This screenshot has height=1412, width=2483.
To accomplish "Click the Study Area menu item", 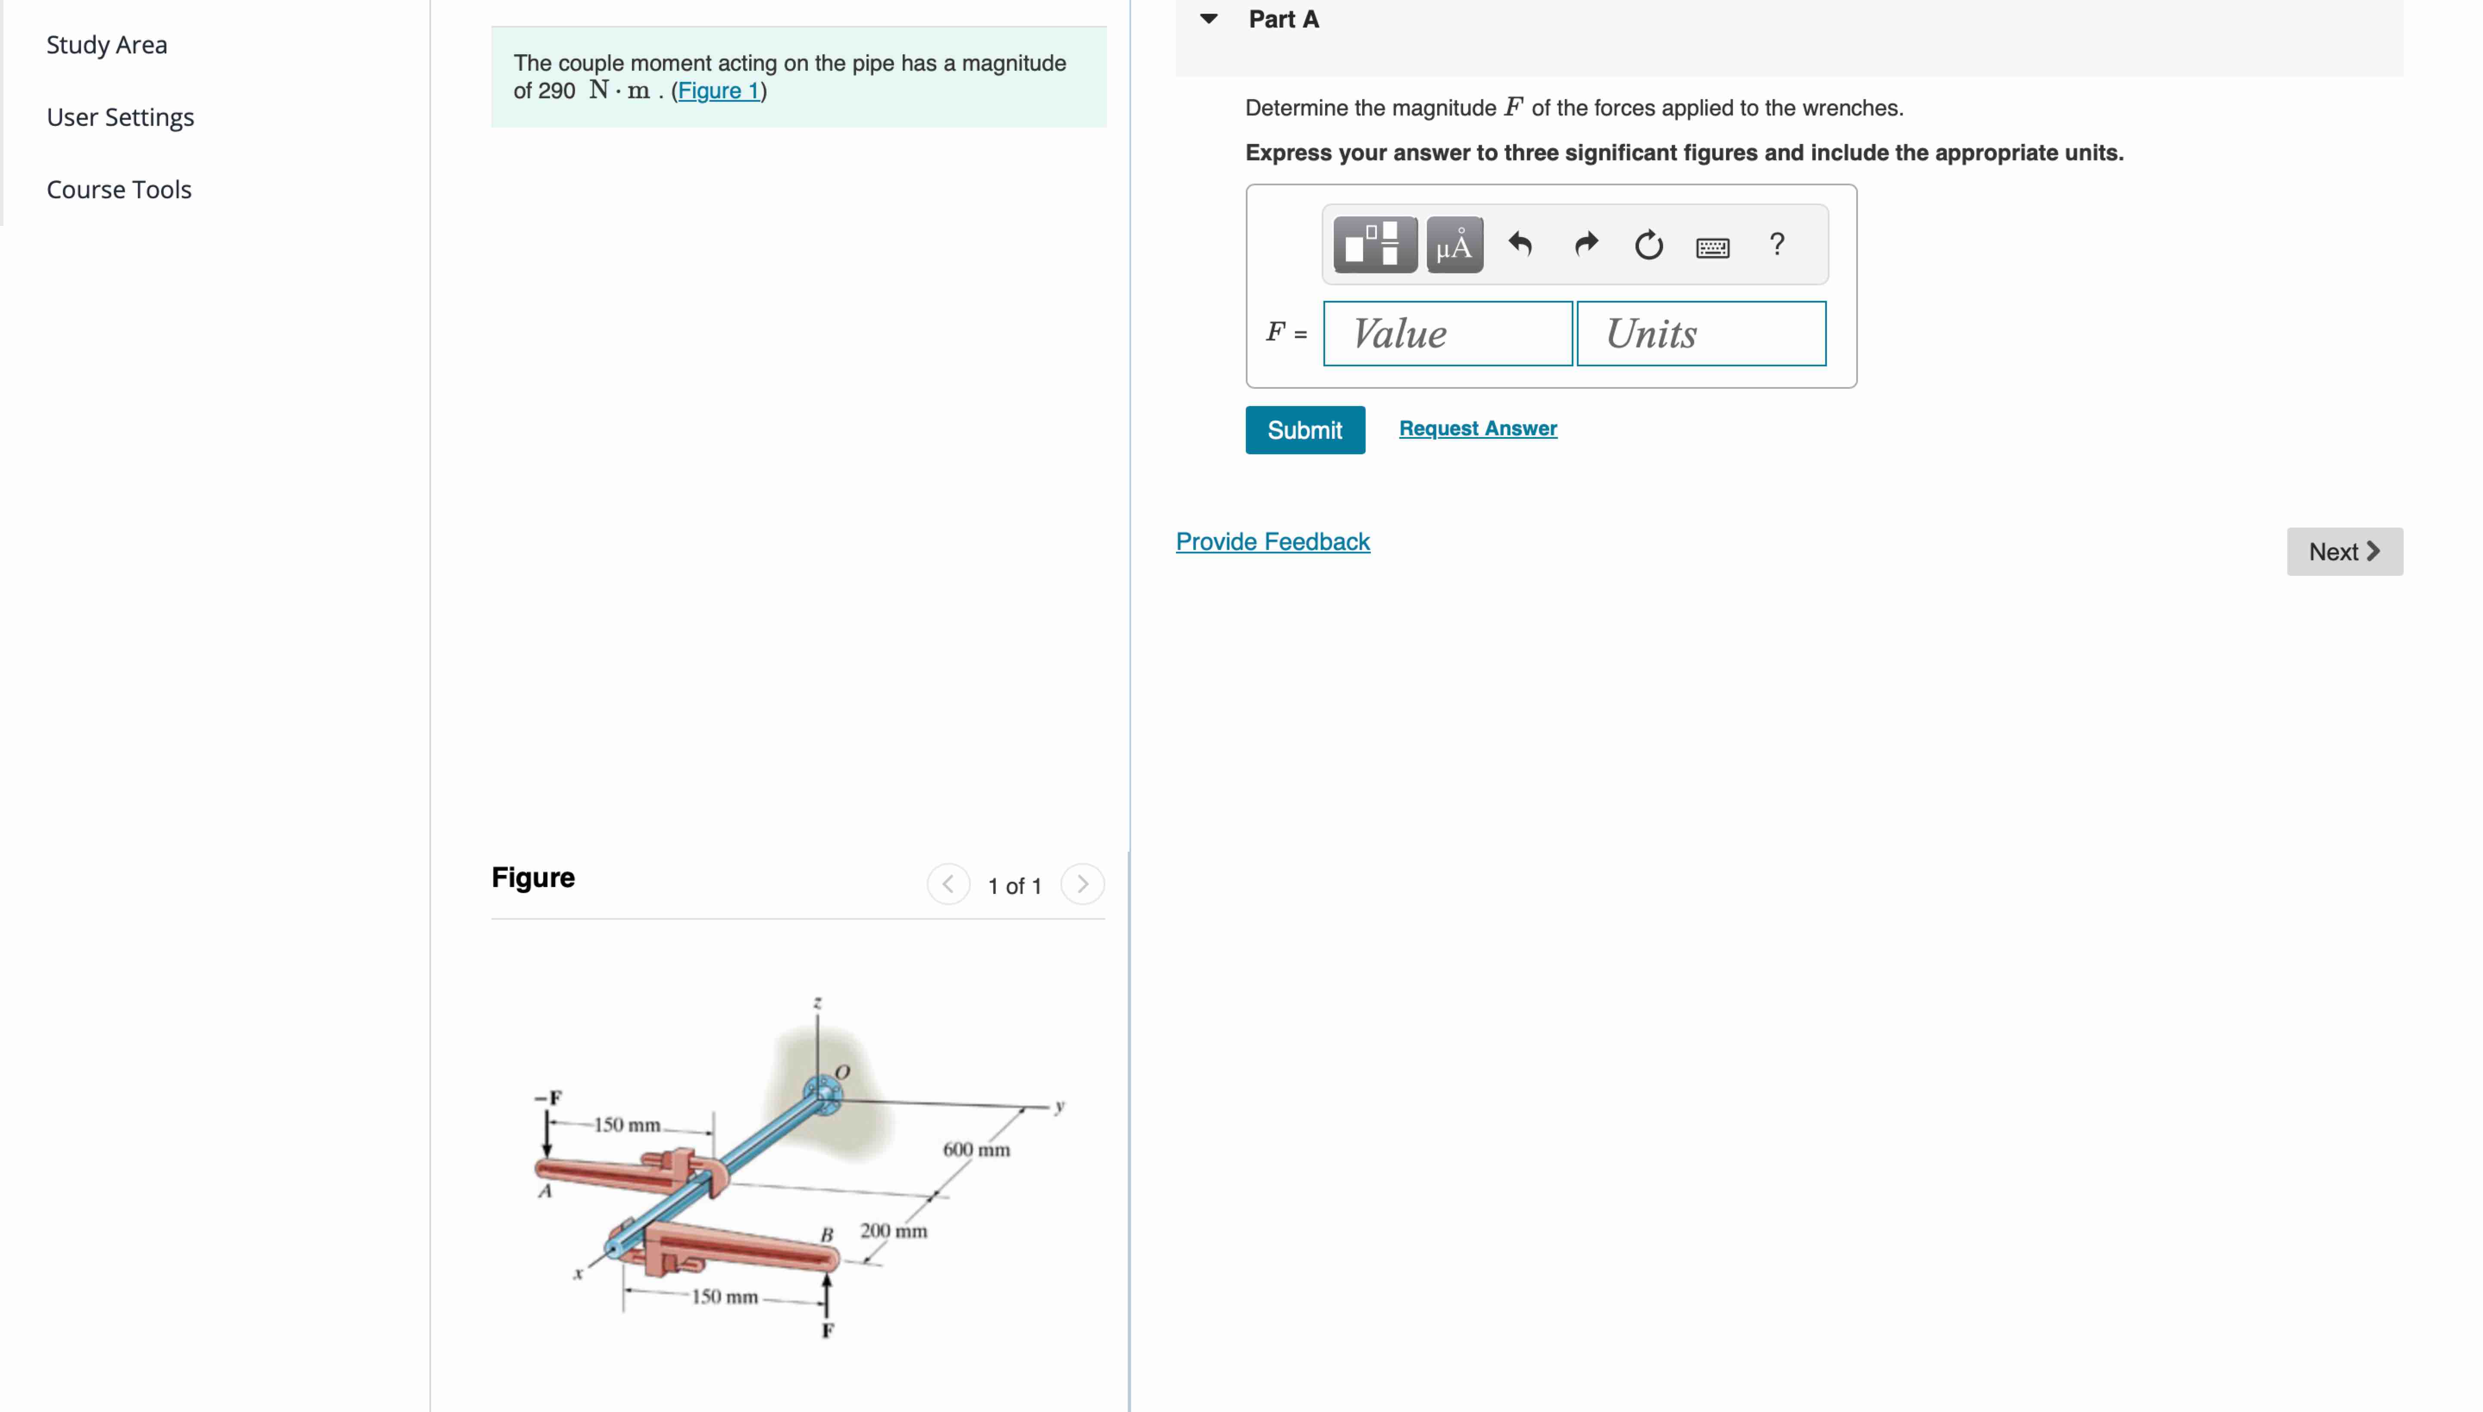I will click(x=107, y=45).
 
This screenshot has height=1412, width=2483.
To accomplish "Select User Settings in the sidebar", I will click(x=120, y=117).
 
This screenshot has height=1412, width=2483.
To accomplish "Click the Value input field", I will click(x=1447, y=334).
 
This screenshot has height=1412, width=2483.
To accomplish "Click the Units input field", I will click(x=1701, y=334).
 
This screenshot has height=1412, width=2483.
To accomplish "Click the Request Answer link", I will click(x=1477, y=428).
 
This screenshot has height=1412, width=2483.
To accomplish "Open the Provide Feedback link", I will click(x=1273, y=542).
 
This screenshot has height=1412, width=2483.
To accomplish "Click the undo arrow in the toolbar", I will click(x=1520, y=244).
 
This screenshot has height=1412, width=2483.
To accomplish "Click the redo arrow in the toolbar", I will click(x=1585, y=244).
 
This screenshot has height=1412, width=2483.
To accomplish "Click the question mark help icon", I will click(x=1776, y=244).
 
